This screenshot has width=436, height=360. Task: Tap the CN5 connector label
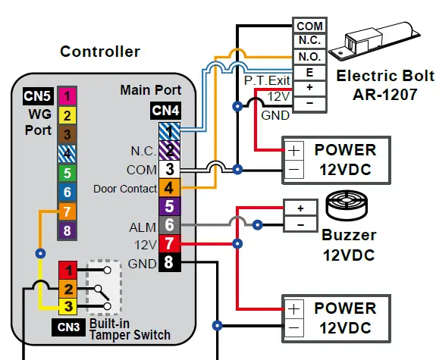38,96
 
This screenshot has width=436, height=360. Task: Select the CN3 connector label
69,327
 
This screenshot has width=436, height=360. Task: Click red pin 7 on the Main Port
170,244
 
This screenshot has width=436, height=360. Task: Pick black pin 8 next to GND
170,264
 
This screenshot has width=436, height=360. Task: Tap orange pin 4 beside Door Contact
170,187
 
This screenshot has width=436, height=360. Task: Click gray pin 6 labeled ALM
170,225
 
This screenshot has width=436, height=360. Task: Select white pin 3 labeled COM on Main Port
170,168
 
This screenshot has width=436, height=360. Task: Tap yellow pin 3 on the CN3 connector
69,307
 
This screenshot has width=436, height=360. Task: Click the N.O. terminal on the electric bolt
310,55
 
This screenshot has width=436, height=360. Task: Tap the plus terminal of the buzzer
300,207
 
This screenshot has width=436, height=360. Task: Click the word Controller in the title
100,52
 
